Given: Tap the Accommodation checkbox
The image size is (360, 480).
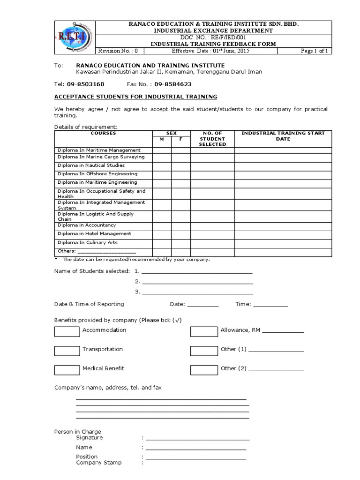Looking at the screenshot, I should pos(67,332).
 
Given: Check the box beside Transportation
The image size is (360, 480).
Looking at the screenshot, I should pos(67,351).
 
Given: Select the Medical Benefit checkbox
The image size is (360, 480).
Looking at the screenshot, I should pos(67,370).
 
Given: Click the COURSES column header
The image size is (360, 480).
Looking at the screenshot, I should pos(103,134).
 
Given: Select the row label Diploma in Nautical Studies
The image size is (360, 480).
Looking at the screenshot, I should pos(91,165).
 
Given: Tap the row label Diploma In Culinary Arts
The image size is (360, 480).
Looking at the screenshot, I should pos(87,243).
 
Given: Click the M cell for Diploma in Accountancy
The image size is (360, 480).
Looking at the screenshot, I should pos(162,225).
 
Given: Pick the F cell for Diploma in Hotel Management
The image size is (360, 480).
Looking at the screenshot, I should pos(180,234).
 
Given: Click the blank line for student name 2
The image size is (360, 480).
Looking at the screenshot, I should pos(197,283).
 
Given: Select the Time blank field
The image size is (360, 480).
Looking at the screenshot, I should pos(270,305).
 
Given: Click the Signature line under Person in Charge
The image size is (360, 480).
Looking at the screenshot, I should pos(197,439).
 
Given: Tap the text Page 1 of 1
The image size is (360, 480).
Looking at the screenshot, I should pos(314,51).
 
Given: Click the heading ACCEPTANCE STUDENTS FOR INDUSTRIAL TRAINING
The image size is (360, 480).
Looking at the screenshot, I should pos(136,97).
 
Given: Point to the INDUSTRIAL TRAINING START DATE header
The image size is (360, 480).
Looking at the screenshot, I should pos(283,136).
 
